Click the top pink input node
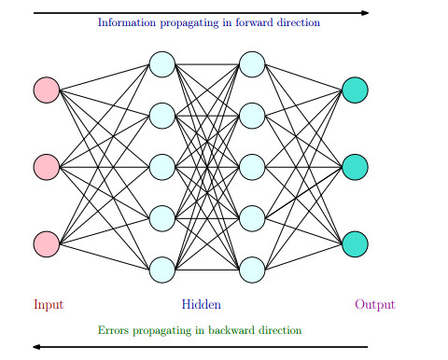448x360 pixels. click(47, 90)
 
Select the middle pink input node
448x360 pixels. click(47, 167)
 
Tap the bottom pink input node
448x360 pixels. click(47, 243)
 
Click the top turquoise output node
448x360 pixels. click(355, 90)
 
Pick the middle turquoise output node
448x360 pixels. click(355, 167)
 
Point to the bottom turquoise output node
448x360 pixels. click(355, 243)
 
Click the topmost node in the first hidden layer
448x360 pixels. click(162, 65)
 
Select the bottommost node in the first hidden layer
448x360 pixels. click(162, 270)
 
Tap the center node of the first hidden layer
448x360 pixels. click(162, 167)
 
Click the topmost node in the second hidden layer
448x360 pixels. click(252, 65)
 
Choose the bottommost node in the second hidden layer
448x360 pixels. click(252, 270)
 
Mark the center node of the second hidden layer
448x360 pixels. click(252, 167)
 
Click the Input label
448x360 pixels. click(49, 305)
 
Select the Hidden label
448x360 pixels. click(202, 305)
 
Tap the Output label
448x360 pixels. click(374, 305)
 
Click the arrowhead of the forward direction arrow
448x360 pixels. click(364, 13)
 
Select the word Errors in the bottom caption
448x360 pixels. click(113, 330)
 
